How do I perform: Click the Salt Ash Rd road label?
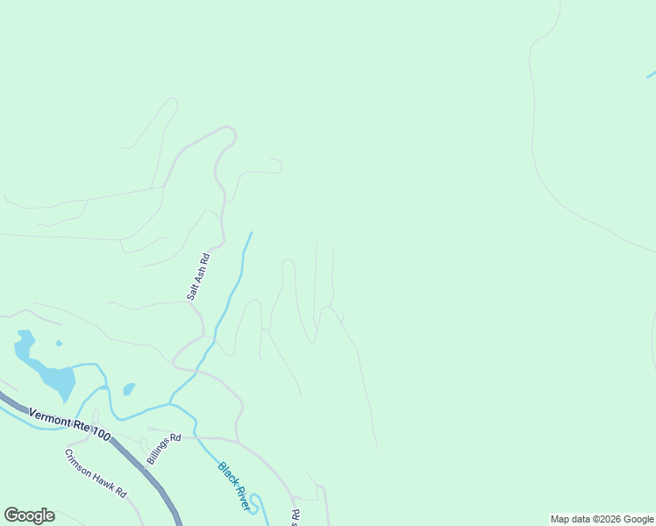(198, 277)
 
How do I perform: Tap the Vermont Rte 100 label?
(69, 424)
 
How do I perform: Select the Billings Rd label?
(163, 447)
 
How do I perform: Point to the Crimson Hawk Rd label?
(96, 473)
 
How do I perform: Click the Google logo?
(29, 515)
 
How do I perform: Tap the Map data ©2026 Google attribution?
(602, 519)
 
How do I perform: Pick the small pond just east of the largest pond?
(129, 388)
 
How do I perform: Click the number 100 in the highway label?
(100, 434)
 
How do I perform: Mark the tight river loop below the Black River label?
(255, 502)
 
